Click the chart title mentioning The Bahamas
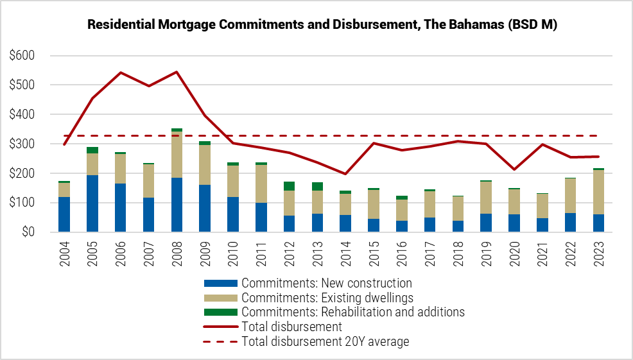[322, 25]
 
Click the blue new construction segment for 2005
[92, 203]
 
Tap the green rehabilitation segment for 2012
[289, 186]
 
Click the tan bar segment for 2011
[261, 184]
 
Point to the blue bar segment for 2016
[402, 226]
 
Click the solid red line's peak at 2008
[177, 72]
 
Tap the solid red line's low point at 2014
[345, 173]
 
